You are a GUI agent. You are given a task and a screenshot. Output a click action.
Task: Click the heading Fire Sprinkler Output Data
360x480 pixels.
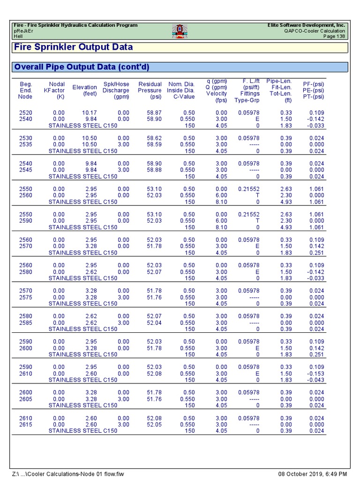click(x=73, y=47)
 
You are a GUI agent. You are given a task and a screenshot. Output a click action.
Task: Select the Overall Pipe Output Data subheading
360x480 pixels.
click(x=82, y=67)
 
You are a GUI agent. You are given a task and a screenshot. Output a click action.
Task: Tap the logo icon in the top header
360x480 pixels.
click(x=180, y=30)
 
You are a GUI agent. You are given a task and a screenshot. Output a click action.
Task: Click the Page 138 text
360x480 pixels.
click(x=334, y=36)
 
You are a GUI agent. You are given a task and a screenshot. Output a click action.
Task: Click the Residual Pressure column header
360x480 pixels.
click(x=150, y=90)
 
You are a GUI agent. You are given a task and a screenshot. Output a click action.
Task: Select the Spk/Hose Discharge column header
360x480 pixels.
click(x=116, y=90)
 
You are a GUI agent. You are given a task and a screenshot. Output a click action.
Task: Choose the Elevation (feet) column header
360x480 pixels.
click(x=84, y=90)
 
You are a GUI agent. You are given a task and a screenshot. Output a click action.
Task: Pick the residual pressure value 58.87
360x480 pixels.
click(x=154, y=113)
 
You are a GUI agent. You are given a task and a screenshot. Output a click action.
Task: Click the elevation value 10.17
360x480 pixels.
click(x=89, y=113)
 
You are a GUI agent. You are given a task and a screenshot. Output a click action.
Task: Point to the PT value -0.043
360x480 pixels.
click(x=316, y=380)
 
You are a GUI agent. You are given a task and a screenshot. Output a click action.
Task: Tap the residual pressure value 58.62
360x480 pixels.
click(x=154, y=138)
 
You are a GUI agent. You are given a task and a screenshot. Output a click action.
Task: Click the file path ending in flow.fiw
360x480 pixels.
click(x=68, y=474)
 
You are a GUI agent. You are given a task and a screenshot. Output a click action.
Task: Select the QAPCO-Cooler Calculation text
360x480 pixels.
click(x=315, y=30)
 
